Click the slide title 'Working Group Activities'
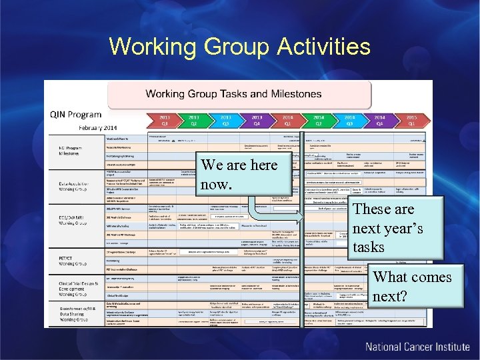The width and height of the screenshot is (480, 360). [239, 47]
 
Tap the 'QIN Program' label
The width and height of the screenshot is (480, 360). [76, 114]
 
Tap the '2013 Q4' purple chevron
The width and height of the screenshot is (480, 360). [257, 120]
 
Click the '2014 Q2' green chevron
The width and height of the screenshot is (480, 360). [319, 120]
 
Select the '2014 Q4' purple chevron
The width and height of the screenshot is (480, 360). [380, 120]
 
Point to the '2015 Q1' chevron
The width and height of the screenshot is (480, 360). [411, 120]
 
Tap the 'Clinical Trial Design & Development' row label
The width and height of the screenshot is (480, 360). [70, 287]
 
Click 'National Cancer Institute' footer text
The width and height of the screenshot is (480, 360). [417, 347]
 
